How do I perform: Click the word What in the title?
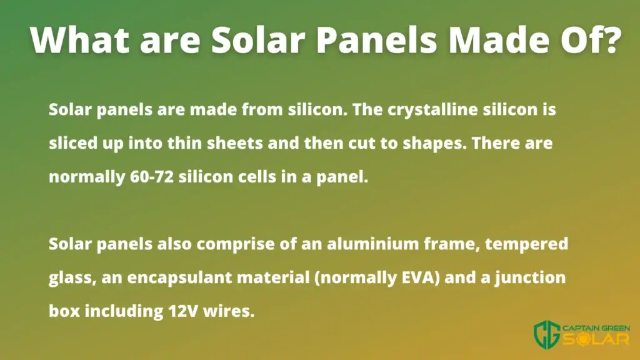point(81,40)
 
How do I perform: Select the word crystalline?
point(432,109)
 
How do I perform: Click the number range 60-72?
point(152,177)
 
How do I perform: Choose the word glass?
point(72,278)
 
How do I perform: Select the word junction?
point(530,278)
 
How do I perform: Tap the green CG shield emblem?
point(547,335)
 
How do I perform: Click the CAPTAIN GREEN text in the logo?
point(596,328)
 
